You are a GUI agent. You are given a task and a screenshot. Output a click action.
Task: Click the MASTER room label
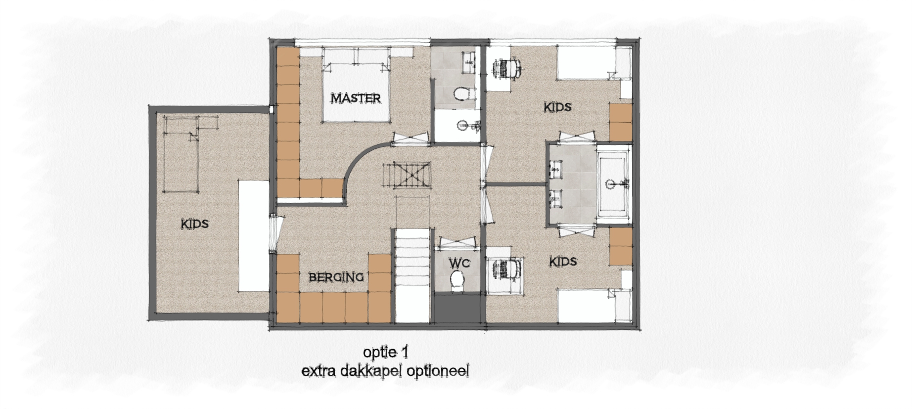tap(356, 98)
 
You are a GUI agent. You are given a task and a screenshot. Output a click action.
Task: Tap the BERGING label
tap(336, 277)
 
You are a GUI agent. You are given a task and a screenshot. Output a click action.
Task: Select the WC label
tap(459, 263)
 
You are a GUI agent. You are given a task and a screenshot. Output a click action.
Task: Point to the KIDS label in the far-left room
tap(195, 224)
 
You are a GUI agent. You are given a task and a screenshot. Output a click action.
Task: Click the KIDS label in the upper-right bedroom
tap(558, 107)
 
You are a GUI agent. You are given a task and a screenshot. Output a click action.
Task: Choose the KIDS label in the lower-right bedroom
tap(563, 261)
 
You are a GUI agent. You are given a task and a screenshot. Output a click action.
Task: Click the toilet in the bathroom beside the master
tap(463, 93)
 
